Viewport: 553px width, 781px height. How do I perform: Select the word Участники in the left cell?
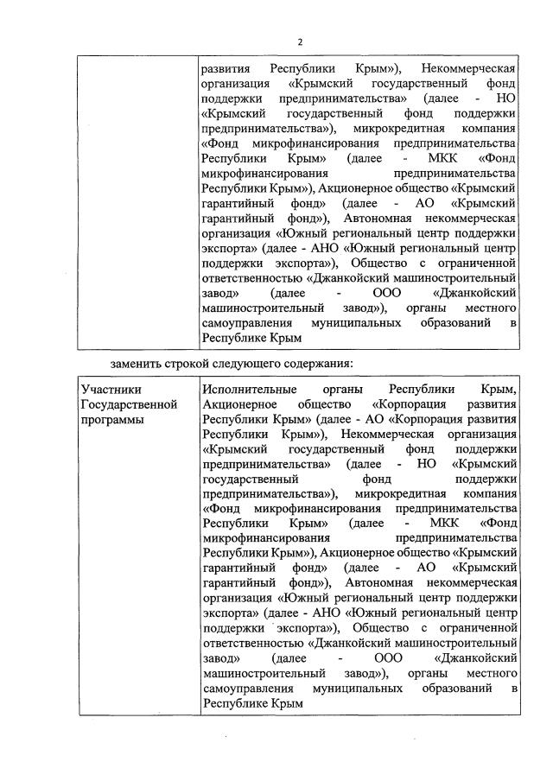tap(109, 389)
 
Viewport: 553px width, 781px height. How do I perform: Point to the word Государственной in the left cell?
tap(129, 404)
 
